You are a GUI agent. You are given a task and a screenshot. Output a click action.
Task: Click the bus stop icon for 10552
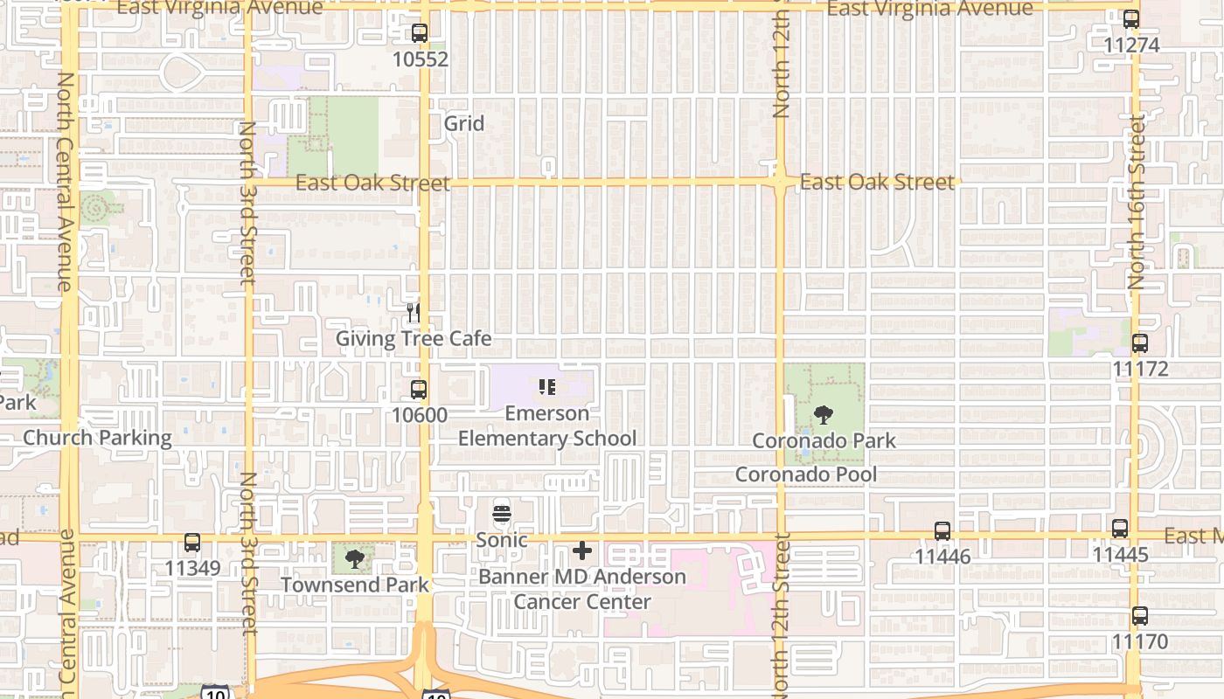click(x=420, y=34)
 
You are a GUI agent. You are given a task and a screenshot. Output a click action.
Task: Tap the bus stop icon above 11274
click(x=1131, y=18)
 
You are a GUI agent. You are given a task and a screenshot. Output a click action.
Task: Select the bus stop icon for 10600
click(x=419, y=390)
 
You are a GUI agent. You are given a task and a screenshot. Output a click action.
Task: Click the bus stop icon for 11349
click(x=192, y=543)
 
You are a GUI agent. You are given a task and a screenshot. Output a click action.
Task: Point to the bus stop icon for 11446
click(x=942, y=530)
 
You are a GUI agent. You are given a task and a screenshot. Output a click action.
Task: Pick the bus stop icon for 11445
click(x=1120, y=529)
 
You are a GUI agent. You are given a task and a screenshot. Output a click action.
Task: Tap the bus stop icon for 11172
click(x=1140, y=343)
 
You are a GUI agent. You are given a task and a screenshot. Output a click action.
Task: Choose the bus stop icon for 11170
click(x=1140, y=616)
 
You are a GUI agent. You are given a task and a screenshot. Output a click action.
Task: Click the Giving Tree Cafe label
click(x=414, y=338)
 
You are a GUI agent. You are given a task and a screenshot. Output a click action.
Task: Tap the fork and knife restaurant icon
click(x=414, y=311)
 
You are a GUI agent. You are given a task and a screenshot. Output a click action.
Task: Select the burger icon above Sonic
click(x=502, y=514)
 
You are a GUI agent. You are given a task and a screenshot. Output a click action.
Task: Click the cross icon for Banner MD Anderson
click(x=582, y=550)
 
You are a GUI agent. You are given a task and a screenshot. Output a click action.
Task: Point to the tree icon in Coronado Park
click(x=823, y=415)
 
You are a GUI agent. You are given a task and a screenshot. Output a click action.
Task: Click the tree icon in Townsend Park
click(x=354, y=558)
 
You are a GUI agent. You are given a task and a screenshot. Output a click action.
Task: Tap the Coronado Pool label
click(x=805, y=474)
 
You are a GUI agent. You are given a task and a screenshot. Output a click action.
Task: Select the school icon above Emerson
click(x=547, y=386)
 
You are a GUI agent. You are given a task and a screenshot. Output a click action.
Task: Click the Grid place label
click(x=463, y=123)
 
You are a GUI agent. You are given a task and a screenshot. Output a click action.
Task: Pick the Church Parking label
click(x=97, y=438)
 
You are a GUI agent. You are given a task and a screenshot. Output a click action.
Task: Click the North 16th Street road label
click(x=1136, y=202)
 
